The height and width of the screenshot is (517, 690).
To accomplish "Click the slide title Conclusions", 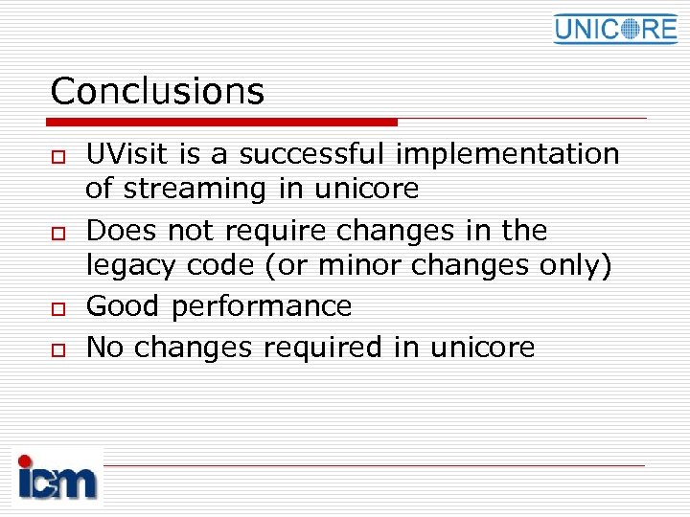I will click(x=157, y=92).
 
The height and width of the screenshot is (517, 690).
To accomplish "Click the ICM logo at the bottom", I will click(x=57, y=476).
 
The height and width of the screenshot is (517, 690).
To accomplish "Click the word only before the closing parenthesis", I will click(x=572, y=266).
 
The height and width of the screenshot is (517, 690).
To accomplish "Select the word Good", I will click(x=124, y=306).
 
